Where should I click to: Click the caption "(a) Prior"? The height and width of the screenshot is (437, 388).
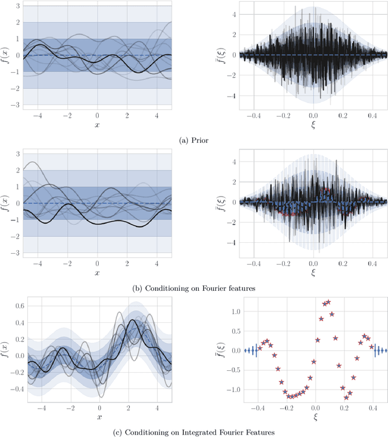point(195,140)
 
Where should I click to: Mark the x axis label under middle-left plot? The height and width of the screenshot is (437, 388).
point(97,273)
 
